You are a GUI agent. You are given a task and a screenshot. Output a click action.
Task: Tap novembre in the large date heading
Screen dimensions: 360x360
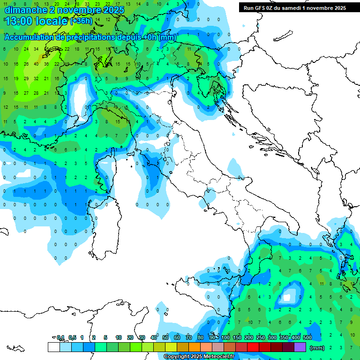click(78, 10)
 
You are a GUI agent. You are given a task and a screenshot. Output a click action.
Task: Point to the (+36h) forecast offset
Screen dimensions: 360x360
click(81, 21)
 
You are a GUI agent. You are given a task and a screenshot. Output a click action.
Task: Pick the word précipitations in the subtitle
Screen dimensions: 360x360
click(89, 37)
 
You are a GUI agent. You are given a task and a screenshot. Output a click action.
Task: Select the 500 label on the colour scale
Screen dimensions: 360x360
click(307, 337)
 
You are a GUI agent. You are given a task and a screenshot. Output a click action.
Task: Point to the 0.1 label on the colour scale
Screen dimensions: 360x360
click(60, 337)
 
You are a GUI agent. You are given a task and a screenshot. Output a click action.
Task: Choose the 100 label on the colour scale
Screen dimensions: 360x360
click(225, 337)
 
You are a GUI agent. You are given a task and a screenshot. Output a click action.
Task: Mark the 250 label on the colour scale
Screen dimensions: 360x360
click(261, 337)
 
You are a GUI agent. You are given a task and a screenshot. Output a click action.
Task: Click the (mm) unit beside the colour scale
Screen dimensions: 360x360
click(317, 348)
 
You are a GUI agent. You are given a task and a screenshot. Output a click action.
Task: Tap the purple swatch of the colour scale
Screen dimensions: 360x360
click(300, 347)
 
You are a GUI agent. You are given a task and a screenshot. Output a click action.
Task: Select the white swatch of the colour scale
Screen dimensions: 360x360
click(54, 347)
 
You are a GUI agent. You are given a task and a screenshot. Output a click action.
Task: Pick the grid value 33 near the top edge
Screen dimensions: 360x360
click(87, 4)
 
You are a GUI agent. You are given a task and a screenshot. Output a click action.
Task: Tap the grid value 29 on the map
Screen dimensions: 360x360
click(26, 78)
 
